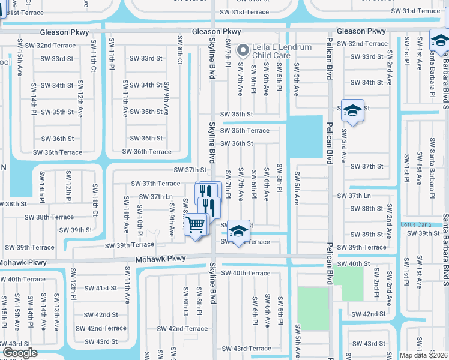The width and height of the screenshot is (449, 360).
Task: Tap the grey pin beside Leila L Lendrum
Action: point(243,49)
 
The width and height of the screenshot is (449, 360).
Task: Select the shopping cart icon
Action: point(196,225)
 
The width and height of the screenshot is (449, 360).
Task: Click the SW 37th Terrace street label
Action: point(152,184)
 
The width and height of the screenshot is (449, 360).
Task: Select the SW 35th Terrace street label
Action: point(244,130)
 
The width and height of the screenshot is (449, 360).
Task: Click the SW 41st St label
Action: point(101,288)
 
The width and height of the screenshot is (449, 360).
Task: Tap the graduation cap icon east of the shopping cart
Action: point(238,230)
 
